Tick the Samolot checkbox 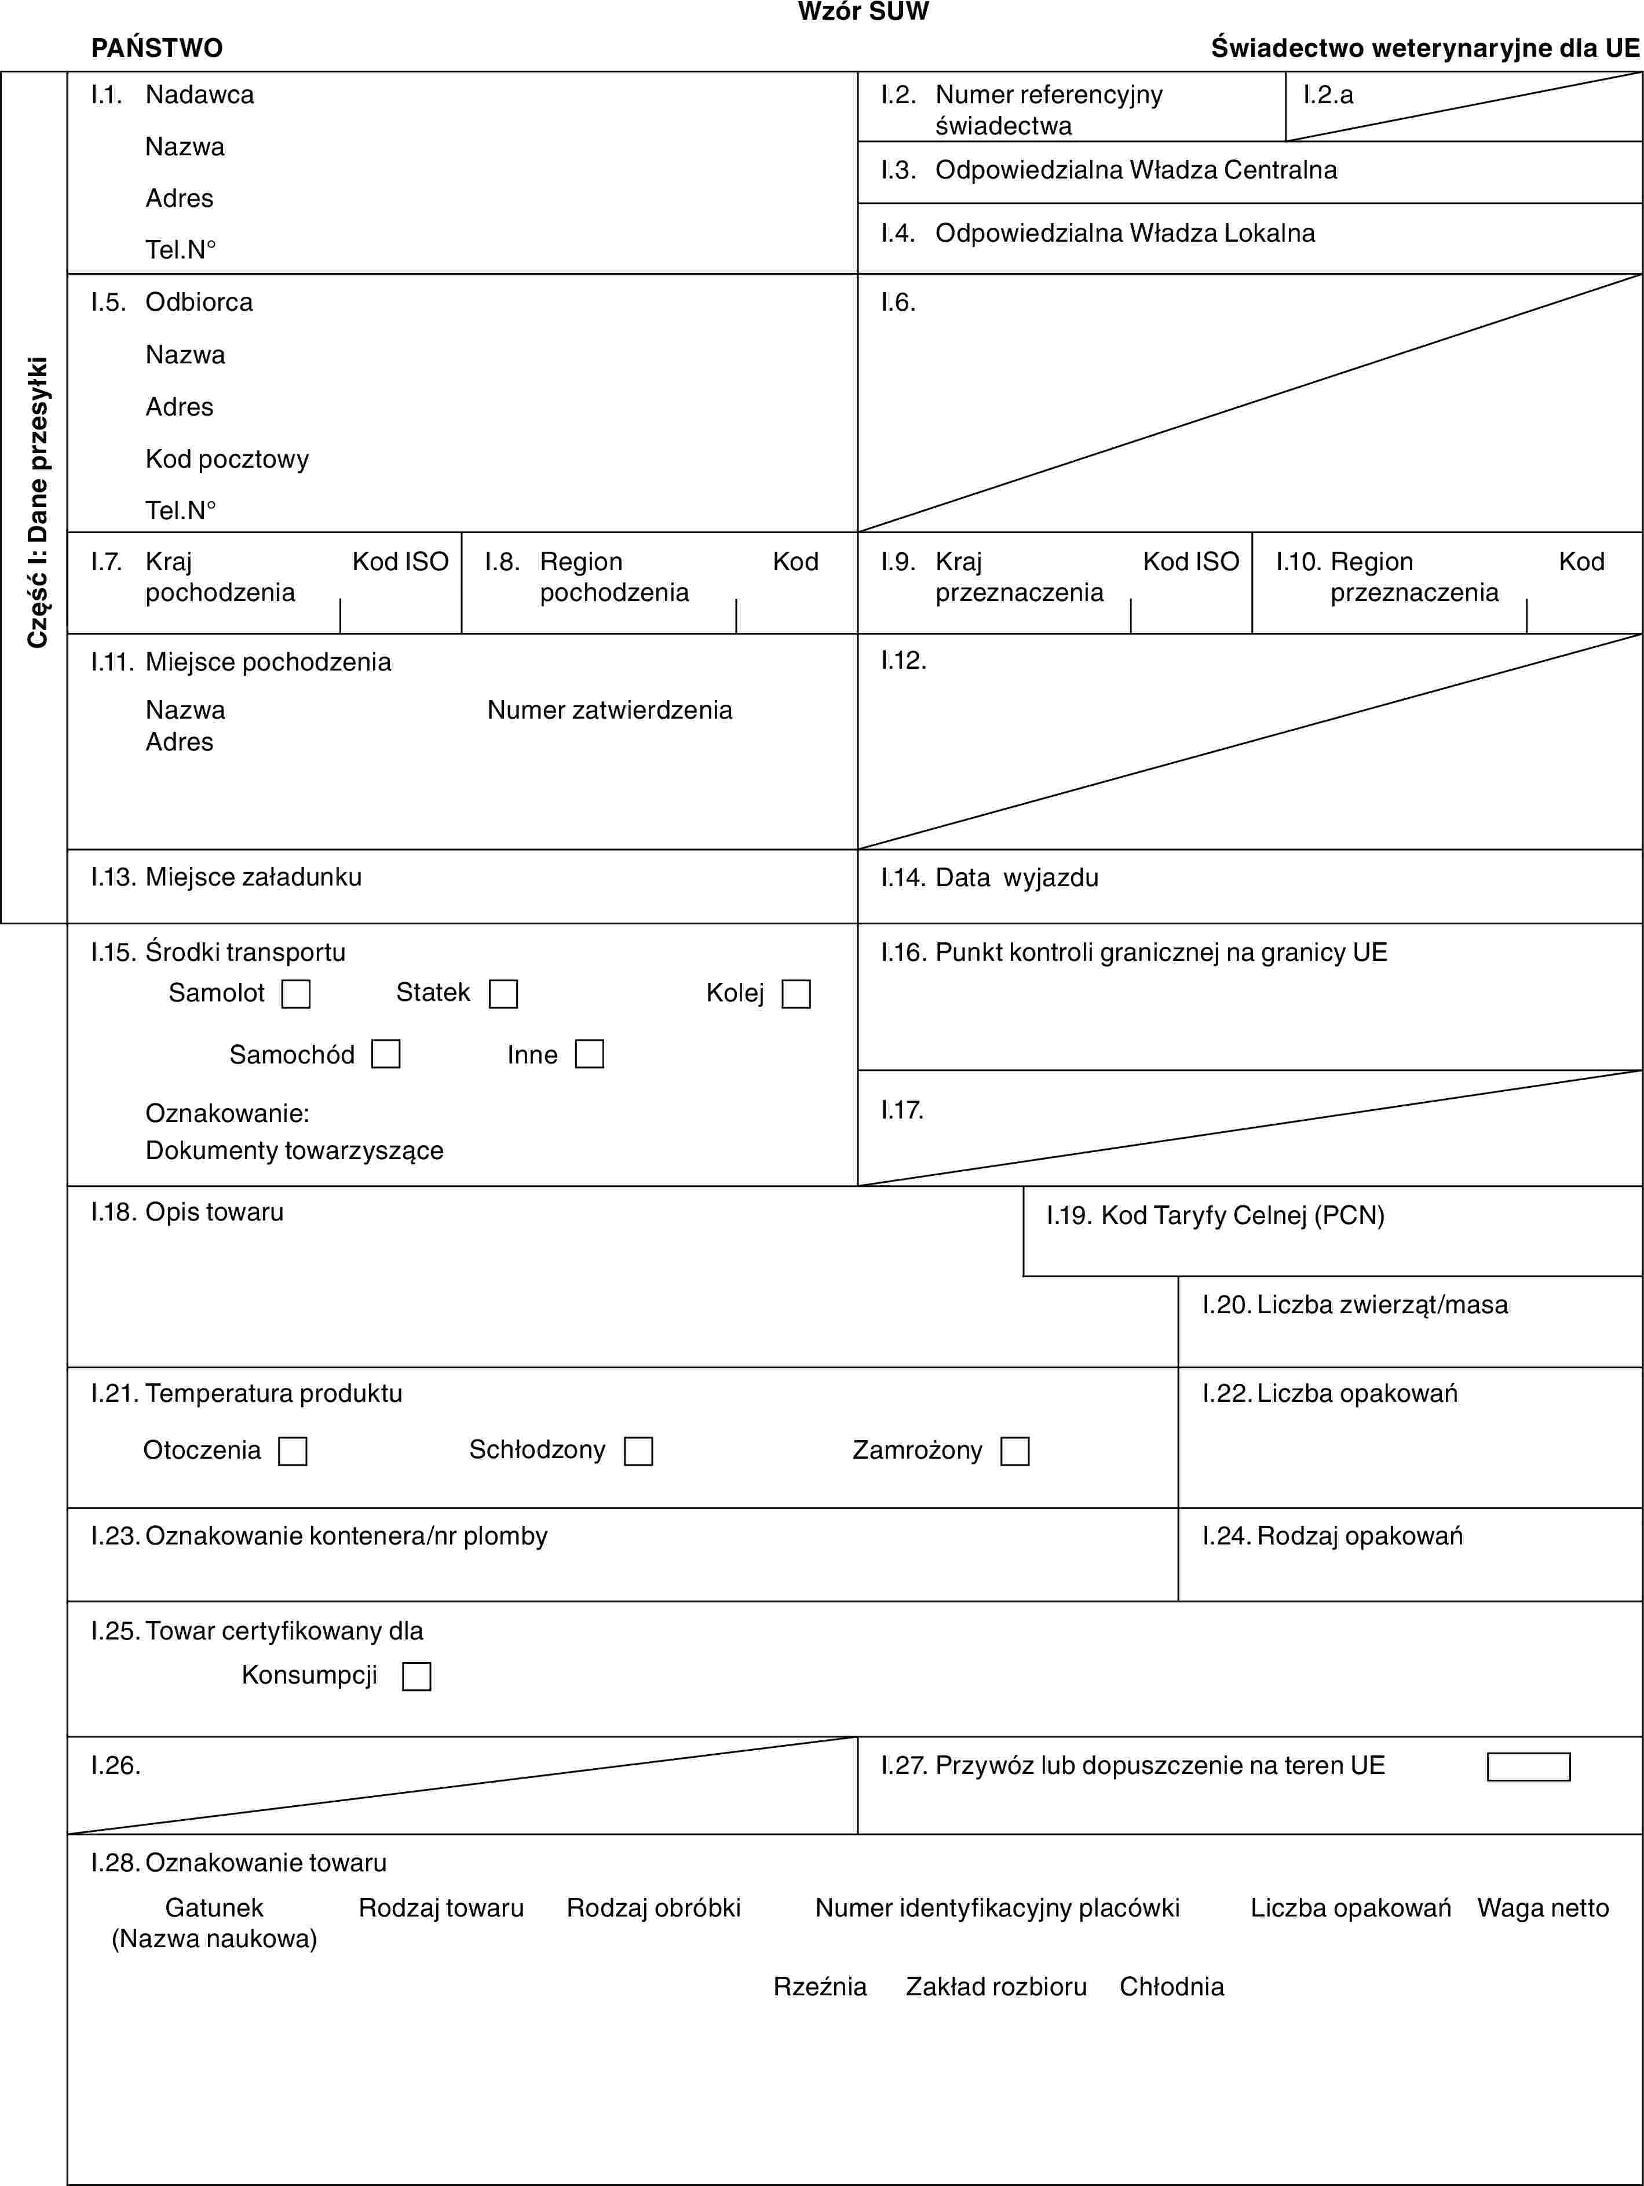(295, 993)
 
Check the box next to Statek (503, 993)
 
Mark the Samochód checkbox (385, 1054)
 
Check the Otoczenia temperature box (293, 1451)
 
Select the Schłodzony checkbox (638, 1451)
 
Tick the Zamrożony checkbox (1015, 1451)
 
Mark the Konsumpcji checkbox (416, 1676)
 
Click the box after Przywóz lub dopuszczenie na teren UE (1528, 1766)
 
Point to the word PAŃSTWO (157, 48)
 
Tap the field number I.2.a (1327, 95)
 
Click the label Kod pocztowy (227, 458)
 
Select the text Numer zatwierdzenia (609, 709)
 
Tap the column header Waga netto (1542, 1907)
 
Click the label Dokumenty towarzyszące (294, 1150)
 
